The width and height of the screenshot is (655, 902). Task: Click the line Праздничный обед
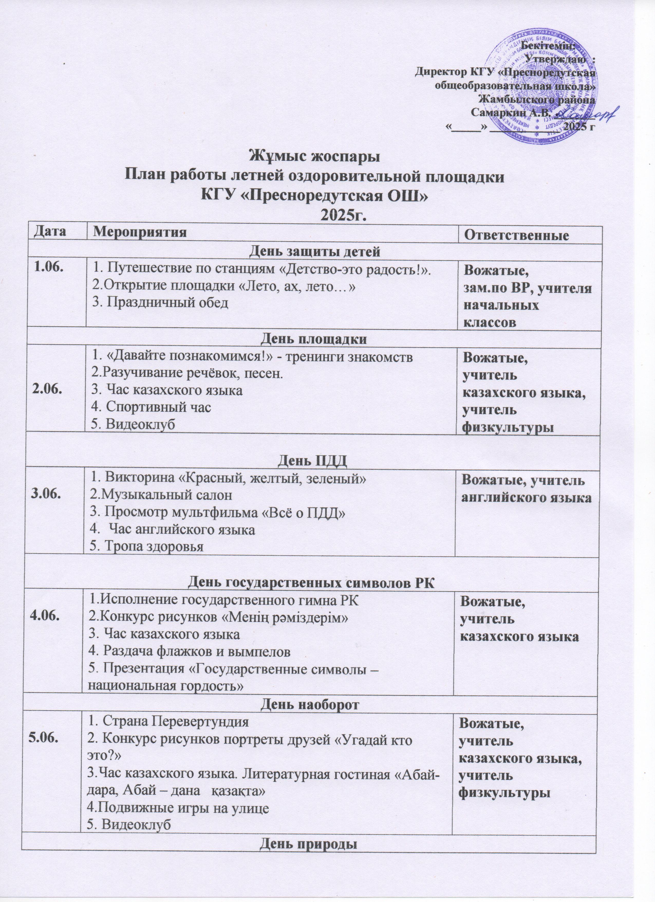tap(161, 302)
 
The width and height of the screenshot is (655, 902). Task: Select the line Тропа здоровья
tap(147, 546)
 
